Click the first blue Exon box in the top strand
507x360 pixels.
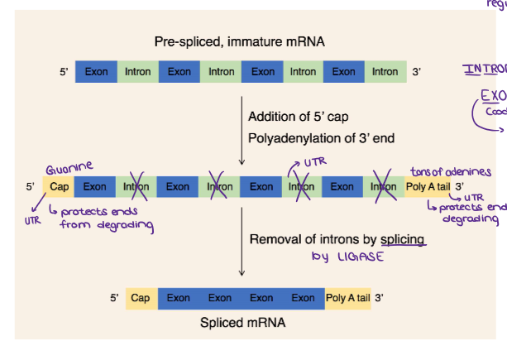coord(96,72)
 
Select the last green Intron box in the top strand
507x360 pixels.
coord(385,72)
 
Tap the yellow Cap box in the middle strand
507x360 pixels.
coord(60,187)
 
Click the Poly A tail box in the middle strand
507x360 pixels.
coord(428,187)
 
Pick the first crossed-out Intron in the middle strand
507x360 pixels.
coord(136,187)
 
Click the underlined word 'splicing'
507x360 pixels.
coord(403,239)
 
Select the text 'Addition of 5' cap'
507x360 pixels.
coord(294,117)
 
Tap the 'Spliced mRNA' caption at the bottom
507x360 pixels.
coord(242,323)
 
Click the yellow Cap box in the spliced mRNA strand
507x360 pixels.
coord(141,298)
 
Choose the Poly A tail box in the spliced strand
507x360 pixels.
coord(347,298)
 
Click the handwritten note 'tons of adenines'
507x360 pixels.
coord(451,172)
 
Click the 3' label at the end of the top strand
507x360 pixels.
coord(417,72)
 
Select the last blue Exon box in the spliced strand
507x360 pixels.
coord(303,298)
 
